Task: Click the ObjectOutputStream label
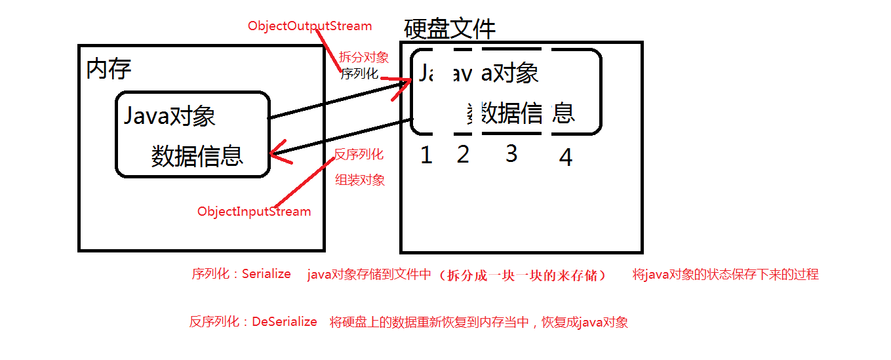tap(309, 27)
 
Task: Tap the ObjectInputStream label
tap(254, 212)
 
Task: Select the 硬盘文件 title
tap(450, 29)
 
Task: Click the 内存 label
tap(109, 69)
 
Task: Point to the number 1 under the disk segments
tap(426, 155)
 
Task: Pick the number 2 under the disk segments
tap(463, 155)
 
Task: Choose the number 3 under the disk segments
tap(511, 153)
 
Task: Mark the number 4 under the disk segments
tap(565, 157)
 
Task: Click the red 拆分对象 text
tap(364, 58)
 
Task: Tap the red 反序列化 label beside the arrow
tap(359, 155)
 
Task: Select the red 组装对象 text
tap(360, 180)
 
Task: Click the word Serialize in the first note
tap(266, 274)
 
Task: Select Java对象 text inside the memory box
tap(170, 117)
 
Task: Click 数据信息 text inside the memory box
tap(197, 156)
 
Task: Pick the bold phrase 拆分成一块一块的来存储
tap(523, 275)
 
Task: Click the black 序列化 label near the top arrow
tap(359, 73)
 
